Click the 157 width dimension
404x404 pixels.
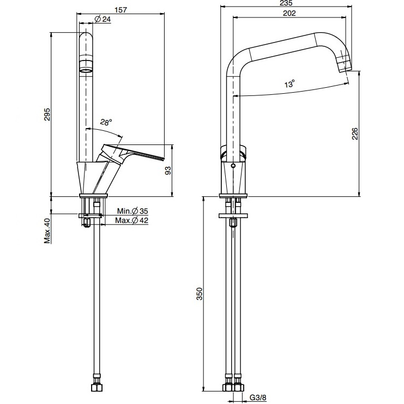point(121,10)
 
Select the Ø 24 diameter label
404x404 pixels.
point(102,19)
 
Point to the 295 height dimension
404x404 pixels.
point(47,114)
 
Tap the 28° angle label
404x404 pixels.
point(106,122)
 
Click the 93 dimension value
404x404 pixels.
point(168,171)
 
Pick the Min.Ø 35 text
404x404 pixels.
point(132,211)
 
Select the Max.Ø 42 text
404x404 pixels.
point(131,221)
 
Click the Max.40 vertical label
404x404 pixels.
point(47,231)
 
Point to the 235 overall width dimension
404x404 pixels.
point(286,3)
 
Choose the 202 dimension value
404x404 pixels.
point(290,13)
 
